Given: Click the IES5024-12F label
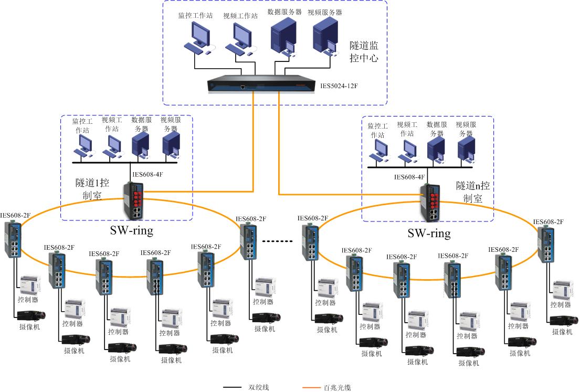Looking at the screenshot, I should click(x=344, y=84).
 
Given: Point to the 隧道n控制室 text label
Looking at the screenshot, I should click(x=473, y=192).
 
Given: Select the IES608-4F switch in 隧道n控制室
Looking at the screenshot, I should click(x=430, y=202).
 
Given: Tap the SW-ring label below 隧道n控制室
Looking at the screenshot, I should click(x=429, y=232).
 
